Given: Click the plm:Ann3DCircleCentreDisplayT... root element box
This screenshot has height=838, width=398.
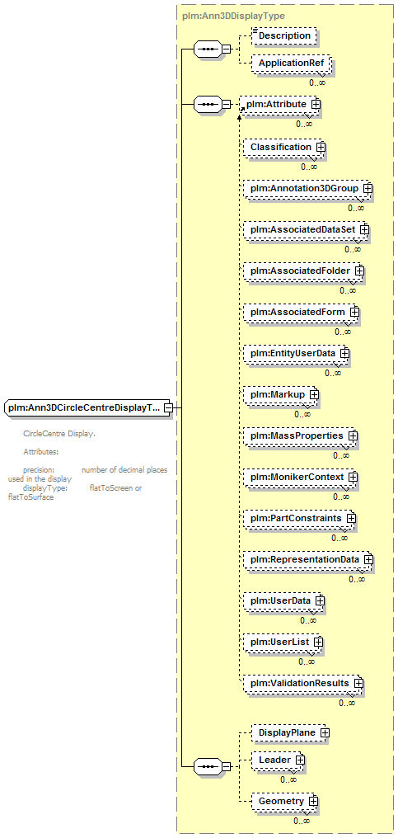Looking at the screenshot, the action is click(87, 408).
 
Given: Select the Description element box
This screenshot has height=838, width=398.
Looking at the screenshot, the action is click(284, 35).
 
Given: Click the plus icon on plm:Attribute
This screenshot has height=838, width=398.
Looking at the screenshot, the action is click(316, 104).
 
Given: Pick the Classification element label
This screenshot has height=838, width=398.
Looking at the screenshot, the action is click(281, 147).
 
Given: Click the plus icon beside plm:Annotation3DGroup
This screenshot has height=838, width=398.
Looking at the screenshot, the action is click(368, 189).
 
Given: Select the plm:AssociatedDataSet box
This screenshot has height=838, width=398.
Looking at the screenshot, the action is click(306, 229).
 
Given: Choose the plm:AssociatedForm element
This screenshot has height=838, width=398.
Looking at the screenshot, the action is click(302, 312).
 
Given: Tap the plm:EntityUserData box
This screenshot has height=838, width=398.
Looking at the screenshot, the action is click(297, 353).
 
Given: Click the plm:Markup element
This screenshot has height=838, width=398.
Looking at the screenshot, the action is click(281, 394).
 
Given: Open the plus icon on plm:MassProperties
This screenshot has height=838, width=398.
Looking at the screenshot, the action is click(353, 436).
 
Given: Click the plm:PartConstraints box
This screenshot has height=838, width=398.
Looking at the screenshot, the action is click(300, 519).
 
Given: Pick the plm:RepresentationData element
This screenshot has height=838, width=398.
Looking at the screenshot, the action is click(308, 559).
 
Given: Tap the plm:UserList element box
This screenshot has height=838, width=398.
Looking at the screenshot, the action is click(283, 642).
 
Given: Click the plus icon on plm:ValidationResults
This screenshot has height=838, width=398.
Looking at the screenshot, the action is click(358, 683).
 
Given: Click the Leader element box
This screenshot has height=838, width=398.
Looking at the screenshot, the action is click(279, 760).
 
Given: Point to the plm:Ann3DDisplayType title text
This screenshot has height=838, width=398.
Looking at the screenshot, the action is click(233, 16).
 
